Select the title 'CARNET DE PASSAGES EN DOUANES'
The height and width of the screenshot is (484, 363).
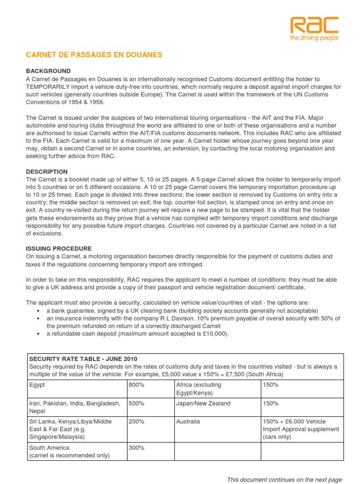[x=94, y=55]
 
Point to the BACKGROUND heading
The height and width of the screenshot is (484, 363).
[x=48, y=70]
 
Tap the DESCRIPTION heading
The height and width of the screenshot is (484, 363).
[x=47, y=172]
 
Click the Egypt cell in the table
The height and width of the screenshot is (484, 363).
[x=37, y=385]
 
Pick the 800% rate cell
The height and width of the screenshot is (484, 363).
[x=137, y=385]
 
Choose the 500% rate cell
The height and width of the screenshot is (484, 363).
[x=137, y=403]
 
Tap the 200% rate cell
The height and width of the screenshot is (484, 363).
[x=137, y=421]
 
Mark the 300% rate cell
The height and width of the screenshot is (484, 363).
[x=137, y=447]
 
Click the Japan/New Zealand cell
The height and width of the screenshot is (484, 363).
[x=203, y=403]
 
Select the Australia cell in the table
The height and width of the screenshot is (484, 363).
[x=188, y=421]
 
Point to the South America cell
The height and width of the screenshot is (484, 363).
[x=49, y=447]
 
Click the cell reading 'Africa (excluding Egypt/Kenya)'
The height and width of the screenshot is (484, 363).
[x=199, y=389]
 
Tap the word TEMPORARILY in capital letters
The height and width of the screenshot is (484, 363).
[x=51, y=86]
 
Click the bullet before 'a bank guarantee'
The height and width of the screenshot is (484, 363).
[x=37, y=310]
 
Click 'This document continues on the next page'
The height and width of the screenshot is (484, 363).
[x=284, y=479]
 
